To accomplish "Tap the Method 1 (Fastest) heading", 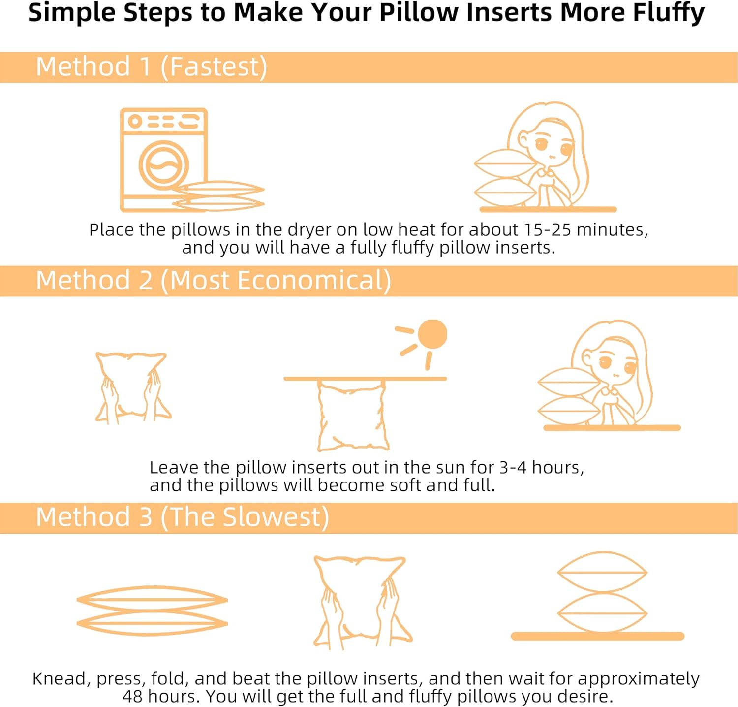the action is point(152,67).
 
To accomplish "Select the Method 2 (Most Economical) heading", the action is point(214,281).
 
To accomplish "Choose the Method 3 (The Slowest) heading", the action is point(183,517).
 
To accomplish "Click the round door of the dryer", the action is point(164,165).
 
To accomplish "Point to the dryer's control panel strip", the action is point(164,121).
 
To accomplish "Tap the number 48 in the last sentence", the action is point(132,696).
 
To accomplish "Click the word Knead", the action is point(59,678).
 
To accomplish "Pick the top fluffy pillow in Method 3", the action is point(602,573).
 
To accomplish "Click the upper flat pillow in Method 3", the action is point(153,599).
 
